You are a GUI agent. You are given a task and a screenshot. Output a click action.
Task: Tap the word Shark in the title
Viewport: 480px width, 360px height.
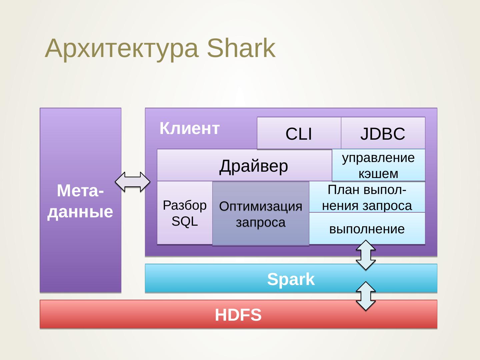[241, 48]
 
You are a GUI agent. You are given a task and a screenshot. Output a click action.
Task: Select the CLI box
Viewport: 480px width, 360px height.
[299, 133]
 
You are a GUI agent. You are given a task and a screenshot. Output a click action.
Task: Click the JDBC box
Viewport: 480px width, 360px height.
[383, 133]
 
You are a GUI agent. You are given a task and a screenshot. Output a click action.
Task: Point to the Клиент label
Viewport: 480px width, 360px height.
[190, 128]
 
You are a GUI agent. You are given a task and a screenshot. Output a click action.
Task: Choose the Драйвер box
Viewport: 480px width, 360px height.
[244, 165]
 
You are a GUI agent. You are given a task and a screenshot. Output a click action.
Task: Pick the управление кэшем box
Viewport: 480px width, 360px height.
[379, 165]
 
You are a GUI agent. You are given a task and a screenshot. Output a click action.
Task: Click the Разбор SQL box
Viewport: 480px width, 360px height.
[185, 213]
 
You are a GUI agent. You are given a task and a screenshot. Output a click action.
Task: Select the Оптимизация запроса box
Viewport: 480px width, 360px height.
[261, 214]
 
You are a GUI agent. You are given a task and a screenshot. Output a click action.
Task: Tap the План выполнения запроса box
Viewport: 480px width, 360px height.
[367, 197]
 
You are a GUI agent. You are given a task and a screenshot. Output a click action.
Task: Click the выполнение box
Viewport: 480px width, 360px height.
[367, 228]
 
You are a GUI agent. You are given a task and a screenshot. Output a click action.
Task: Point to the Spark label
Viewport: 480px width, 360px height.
[291, 279]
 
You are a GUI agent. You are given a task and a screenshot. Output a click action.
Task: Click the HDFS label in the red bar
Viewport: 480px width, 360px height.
[238, 315]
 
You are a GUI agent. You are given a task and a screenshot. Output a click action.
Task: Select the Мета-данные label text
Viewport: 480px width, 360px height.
[80, 201]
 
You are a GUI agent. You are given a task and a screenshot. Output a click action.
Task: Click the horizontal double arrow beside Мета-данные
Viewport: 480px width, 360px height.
[133, 182]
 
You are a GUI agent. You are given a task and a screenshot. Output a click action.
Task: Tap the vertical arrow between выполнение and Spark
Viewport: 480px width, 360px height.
[366, 255]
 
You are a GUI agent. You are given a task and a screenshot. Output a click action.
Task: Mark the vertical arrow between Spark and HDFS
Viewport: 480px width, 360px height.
[366, 296]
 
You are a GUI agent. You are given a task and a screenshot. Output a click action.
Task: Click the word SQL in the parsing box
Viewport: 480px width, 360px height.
[185, 221]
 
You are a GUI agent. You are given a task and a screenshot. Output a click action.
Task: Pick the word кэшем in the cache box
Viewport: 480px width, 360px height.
[378, 174]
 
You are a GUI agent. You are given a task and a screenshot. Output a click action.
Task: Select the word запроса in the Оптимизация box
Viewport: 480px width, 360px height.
[261, 223]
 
